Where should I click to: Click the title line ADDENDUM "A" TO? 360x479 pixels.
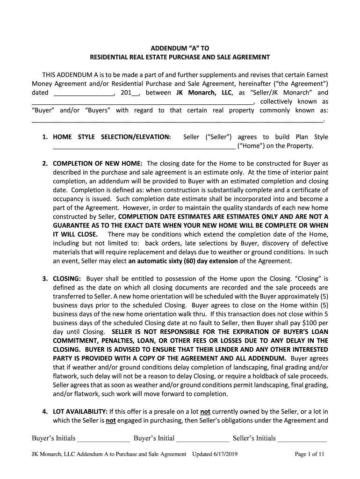pos(180,48)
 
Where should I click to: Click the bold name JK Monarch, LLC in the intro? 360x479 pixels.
pos(203,93)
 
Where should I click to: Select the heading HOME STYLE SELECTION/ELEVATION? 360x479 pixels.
pos(112,137)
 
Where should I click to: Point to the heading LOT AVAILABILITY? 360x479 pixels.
pos(80,412)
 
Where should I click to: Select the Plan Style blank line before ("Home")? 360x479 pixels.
pos(144,146)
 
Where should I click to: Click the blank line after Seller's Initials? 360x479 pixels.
pos(302,439)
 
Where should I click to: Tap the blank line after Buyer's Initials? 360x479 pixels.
pos(103,439)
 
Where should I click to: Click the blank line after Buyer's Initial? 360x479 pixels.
pos(203,439)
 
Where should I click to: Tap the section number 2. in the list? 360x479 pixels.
pos(45,164)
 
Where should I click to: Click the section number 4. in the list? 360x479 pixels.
pos(45,412)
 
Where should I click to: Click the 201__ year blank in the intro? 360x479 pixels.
pos(130,93)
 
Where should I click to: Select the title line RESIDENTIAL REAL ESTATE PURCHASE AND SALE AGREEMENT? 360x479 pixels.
pos(180,57)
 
